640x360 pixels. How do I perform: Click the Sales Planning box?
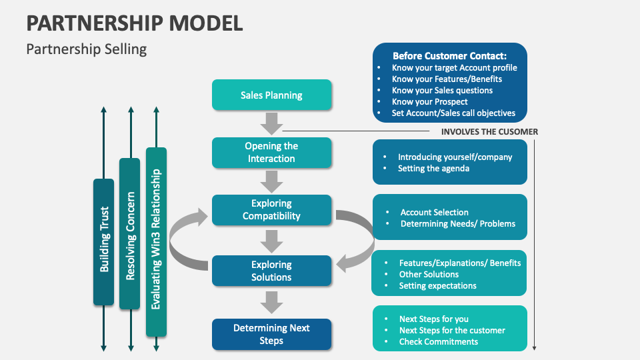coord(271,95)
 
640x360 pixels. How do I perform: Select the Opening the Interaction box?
coord(271,153)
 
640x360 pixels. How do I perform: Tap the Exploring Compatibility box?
coord(271,210)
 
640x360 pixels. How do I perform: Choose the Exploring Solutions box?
coord(271,271)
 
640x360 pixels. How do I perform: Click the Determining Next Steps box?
coord(271,334)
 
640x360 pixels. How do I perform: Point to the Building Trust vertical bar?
coord(104,242)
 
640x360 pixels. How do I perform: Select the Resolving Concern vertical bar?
coord(130,234)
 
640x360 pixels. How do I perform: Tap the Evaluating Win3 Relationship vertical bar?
coord(156,241)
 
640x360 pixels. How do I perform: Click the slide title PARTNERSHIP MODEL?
coord(134,23)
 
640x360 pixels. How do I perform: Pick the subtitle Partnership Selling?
coord(86,49)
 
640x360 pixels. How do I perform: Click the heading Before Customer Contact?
coord(449,56)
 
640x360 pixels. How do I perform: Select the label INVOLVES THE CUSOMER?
coord(489,132)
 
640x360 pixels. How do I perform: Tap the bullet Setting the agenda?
coord(433,169)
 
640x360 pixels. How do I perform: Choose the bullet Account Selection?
coord(434,212)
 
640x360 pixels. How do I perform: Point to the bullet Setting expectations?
coord(437,285)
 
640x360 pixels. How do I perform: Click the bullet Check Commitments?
coord(438,341)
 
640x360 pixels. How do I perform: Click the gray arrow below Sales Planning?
coord(271,123)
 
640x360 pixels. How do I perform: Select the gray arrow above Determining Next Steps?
coord(271,303)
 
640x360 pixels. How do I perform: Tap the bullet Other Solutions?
coord(429,274)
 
